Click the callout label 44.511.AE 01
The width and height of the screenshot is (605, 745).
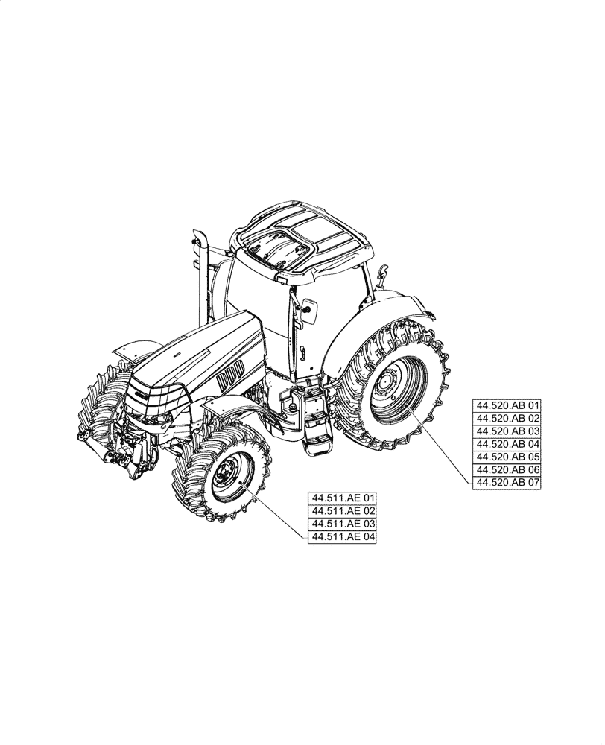point(343,498)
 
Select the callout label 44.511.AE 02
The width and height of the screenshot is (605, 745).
point(343,510)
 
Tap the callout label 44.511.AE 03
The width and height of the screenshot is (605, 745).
point(343,523)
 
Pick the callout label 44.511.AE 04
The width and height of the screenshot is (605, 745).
point(343,536)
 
